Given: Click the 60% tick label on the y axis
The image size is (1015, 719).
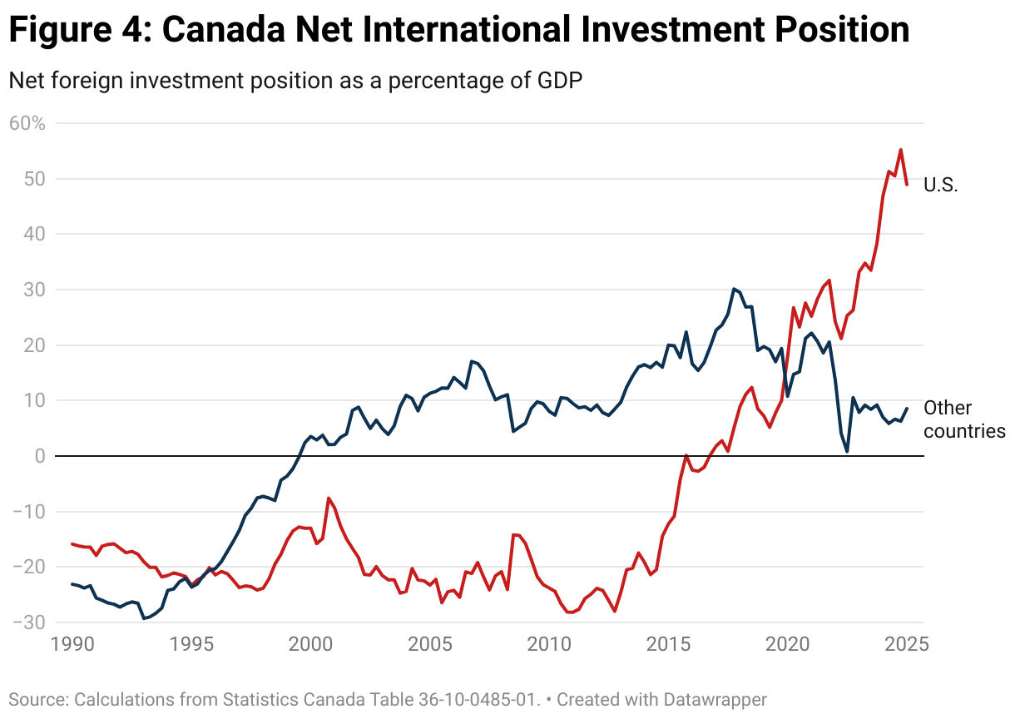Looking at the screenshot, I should click(27, 123).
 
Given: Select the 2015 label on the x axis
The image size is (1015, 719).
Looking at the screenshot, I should click(668, 644).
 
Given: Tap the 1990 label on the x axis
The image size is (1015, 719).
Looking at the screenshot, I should click(72, 644).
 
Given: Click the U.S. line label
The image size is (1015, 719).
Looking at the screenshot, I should click(941, 185).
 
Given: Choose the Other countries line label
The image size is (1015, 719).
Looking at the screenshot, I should click(964, 419).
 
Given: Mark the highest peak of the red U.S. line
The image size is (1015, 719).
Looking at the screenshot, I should click(900, 150).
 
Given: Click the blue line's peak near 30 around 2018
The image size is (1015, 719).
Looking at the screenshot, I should click(733, 289).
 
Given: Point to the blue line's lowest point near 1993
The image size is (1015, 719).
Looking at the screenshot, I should click(143, 618).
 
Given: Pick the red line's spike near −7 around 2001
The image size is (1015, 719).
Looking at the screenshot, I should click(329, 498).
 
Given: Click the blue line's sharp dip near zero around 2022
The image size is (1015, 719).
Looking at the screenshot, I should click(847, 451).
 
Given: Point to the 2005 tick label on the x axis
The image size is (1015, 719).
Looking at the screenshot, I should click(429, 644).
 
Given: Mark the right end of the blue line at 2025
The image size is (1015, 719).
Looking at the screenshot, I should click(907, 409).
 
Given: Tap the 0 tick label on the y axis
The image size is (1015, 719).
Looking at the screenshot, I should click(38, 455).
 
